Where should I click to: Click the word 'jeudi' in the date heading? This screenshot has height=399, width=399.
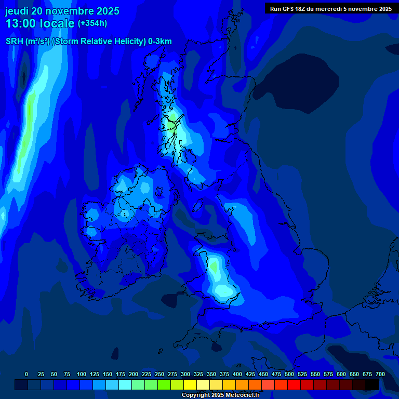coord(17,11)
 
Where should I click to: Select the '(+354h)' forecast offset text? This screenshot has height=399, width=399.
coord(92,23)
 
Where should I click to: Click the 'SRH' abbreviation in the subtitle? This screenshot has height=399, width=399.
coord(14,42)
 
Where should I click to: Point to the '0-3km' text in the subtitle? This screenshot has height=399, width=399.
coord(160,42)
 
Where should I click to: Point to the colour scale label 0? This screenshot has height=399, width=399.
coord(26,374)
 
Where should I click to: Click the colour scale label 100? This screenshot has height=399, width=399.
coord(81,374)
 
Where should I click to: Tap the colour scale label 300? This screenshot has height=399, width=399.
coord(185,374)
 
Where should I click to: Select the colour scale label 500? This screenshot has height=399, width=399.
coord(289,374)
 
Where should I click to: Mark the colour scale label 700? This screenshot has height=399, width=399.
coord(380,374)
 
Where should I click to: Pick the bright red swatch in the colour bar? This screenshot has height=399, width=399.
coord(294,385)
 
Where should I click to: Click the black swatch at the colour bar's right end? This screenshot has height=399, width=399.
coord(372,385)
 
